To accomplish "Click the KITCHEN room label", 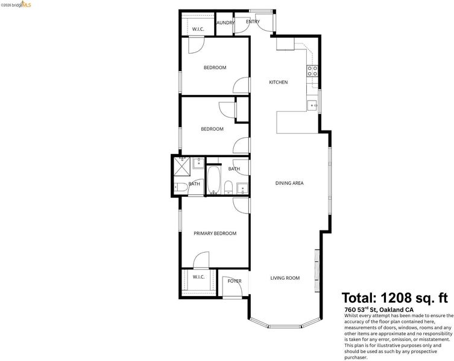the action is click(x=279, y=82).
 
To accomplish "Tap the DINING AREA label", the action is click(x=289, y=183).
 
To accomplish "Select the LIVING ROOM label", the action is click(x=285, y=278).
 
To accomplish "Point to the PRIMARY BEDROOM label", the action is click(x=215, y=233).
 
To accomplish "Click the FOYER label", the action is click(x=235, y=281).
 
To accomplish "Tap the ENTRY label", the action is click(x=253, y=22).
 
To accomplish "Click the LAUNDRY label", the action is click(x=225, y=22).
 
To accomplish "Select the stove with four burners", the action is click(x=312, y=71).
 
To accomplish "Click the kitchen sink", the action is click(x=312, y=105).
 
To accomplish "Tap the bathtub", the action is click(x=214, y=180).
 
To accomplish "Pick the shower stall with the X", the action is click(x=181, y=167).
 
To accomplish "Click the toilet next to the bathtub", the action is click(x=229, y=187).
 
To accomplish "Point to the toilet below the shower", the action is click(x=181, y=187).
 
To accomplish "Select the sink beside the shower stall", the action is click(x=198, y=162).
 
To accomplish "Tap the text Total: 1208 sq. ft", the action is click(x=395, y=298).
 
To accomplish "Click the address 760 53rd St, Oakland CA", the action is click(x=379, y=309).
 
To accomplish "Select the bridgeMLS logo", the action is click(x=16, y=5).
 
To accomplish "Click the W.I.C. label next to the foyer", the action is click(x=198, y=277).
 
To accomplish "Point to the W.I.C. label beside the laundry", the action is click(x=198, y=29).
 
